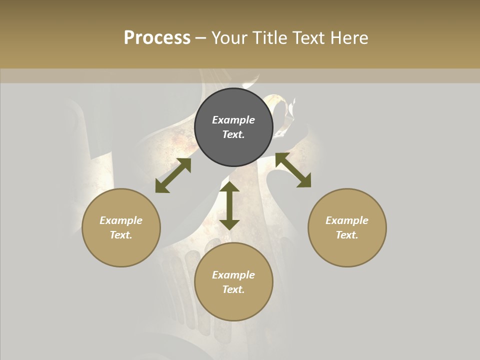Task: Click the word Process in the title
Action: click(157, 38)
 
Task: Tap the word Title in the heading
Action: click(271, 38)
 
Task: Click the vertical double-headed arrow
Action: click(229, 205)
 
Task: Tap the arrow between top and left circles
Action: click(173, 175)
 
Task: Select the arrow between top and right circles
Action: click(293, 170)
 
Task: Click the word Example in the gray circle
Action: click(233, 120)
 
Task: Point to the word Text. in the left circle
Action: click(121, 235)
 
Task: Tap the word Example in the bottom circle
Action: click(233, 275)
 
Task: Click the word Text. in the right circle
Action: click(347, 235)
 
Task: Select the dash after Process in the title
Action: click(200, 38)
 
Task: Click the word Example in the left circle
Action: click(121, 220)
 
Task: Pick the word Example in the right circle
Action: click(347, 220)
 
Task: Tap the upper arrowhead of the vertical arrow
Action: click(229, 187)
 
